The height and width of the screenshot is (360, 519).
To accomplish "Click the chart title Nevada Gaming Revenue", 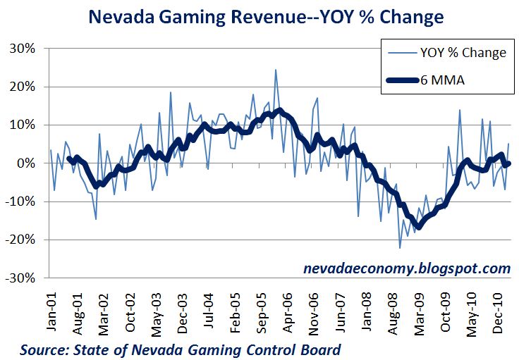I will click(x=259, y=16).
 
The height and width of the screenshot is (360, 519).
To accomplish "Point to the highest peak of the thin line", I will click(x=275, y=70).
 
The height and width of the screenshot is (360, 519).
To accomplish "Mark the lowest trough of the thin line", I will click(x=400, y=248).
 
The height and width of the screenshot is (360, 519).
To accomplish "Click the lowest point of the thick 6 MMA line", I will click(x=419, y=228).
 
